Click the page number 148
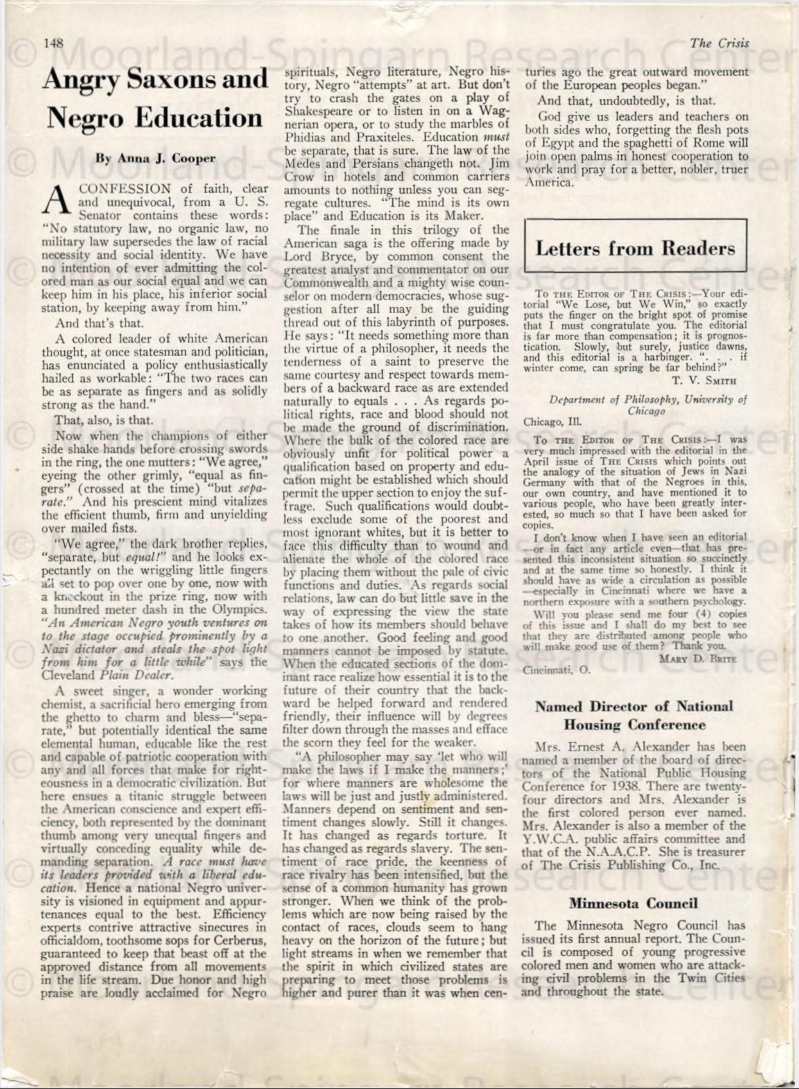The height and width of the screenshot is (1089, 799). pyautogui.click(x=53, y=43)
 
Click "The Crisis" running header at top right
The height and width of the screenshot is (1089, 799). pyautogui.click(x=719, y=43)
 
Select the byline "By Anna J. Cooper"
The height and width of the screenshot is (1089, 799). pyautogui.click(x=155, y=157)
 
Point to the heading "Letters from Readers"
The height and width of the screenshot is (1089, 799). pyautogui.click(x=635, y=248)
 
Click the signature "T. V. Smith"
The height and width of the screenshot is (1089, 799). pyautogui.click(x=704, y=379)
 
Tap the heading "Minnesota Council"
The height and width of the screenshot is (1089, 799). pyautogui.click(x=633, y=903)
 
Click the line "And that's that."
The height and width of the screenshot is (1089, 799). pyautogui.click(x=99, y=323)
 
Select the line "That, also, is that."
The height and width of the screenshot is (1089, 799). pyautogui.click(x=103, y=420)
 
